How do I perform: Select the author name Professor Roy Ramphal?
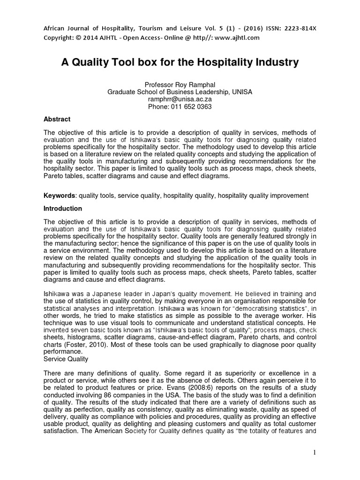180,84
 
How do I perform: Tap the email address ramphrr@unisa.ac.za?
180,99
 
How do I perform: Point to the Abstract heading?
57,120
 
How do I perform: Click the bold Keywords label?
60,195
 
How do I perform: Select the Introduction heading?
63,209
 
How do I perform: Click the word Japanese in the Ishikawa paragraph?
97,293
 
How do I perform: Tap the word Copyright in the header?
58,37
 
